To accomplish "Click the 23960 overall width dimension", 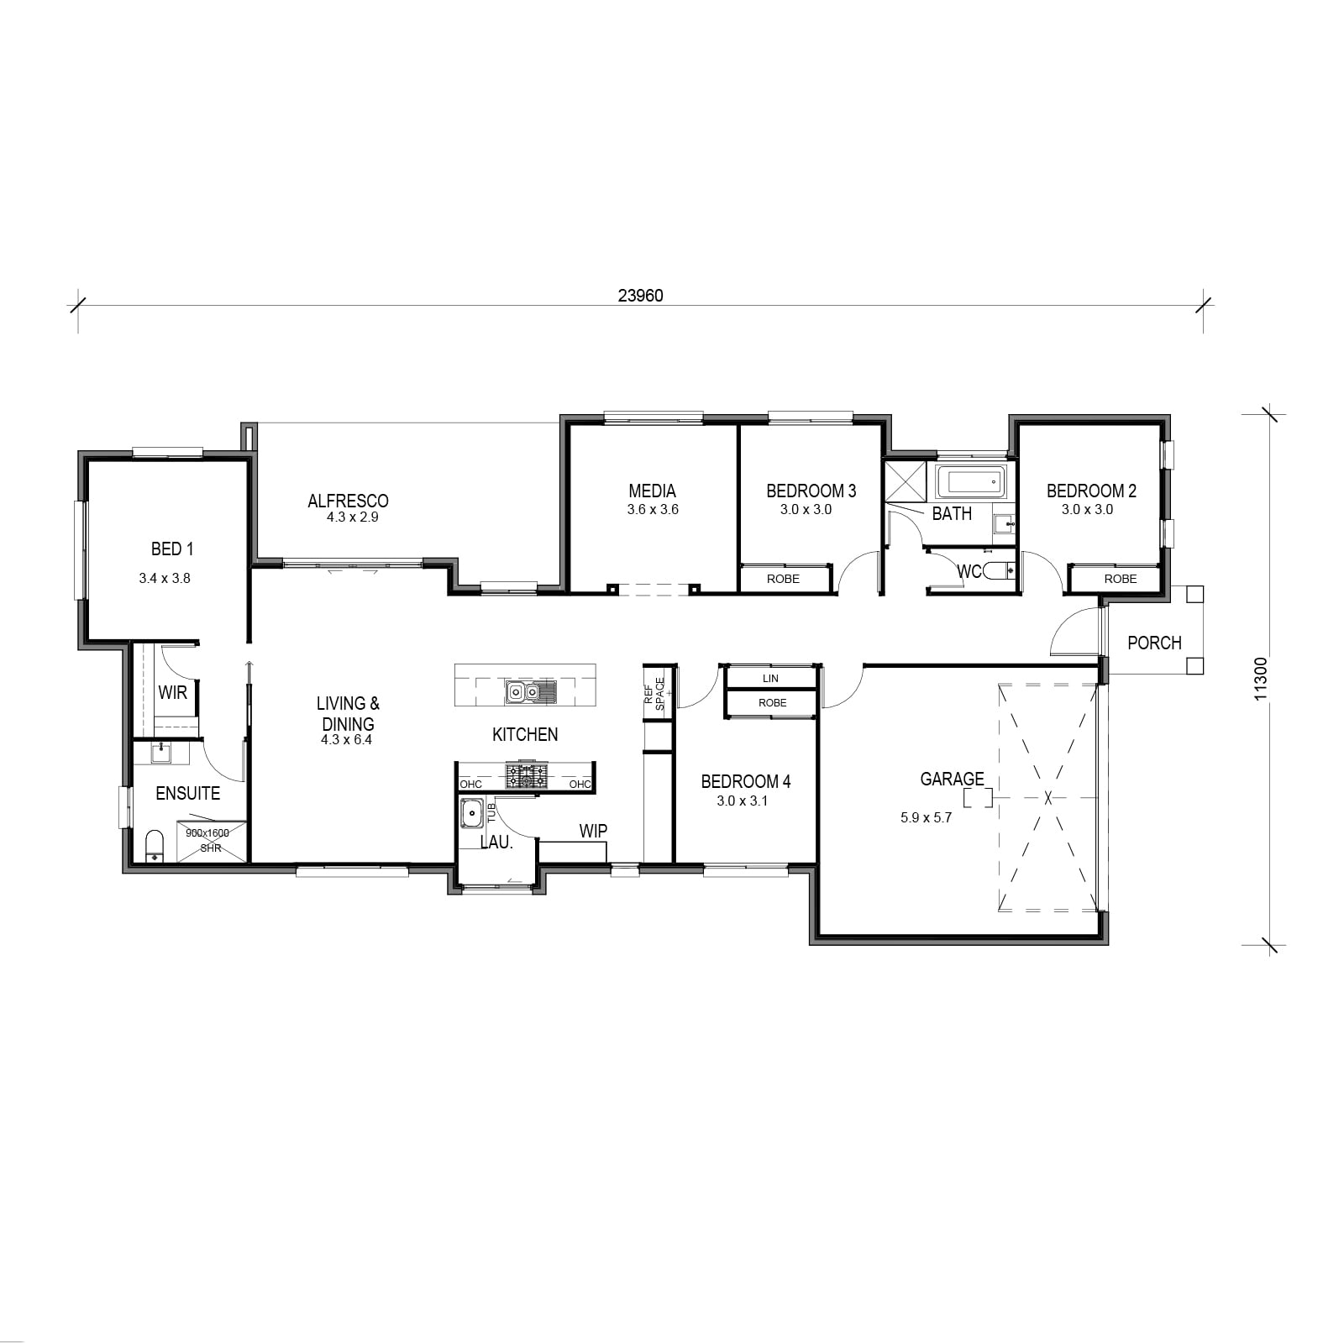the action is coord(641,296).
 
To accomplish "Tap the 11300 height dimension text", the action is coord(1260,679).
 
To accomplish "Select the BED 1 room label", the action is coord(172,549).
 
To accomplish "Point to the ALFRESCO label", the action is coord(348,501).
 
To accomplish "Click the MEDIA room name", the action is coord(653,491).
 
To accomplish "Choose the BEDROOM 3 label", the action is coord(811,491).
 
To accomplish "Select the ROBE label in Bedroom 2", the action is coord(1121,579).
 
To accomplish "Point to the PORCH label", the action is coord(1154,643).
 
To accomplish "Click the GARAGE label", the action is coord(952,780).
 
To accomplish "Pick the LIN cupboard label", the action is coord(770,678).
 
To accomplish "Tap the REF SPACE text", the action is coord(654,694).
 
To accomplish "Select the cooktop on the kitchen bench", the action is coord(527,776).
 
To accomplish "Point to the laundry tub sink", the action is coord(473,813).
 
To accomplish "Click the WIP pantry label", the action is coord(593,831).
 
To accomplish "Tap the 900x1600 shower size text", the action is coord(207,833).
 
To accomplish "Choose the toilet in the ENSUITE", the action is coord(155,846).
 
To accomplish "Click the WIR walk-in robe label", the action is coord(173,693).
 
